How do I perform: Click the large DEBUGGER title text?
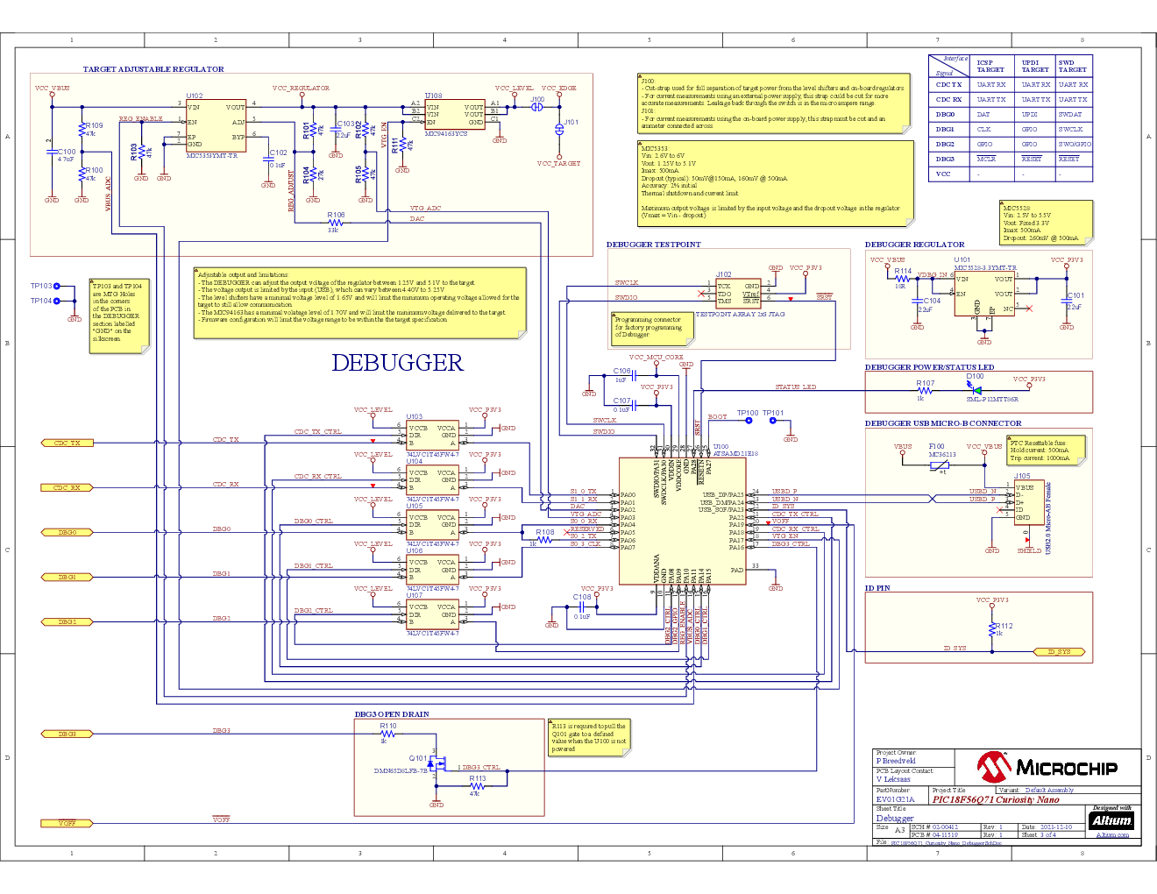coord(397,363)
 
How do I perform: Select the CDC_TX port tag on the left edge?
coord(67,443)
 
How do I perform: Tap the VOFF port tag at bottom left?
coord(67,823)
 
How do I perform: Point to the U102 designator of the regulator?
coord(194,96)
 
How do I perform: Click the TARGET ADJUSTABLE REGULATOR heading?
coord(153,69)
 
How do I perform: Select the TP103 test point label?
coord(41,286)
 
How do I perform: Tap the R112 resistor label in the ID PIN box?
coord(1004,626)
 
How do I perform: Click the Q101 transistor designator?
coord(417,758)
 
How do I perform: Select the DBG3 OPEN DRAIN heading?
coord(392,714)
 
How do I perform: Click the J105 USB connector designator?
coord(1022,476)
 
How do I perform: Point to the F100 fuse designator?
coord(936,446)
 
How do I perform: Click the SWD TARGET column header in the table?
coord(1072,66)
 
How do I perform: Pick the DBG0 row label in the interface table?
coord(945,114)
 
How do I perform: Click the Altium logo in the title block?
coord(1111,820)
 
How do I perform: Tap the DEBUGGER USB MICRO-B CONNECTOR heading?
coord(942,423)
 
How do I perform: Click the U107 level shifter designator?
coord(414,595)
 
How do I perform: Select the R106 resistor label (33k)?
coord(336,214)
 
